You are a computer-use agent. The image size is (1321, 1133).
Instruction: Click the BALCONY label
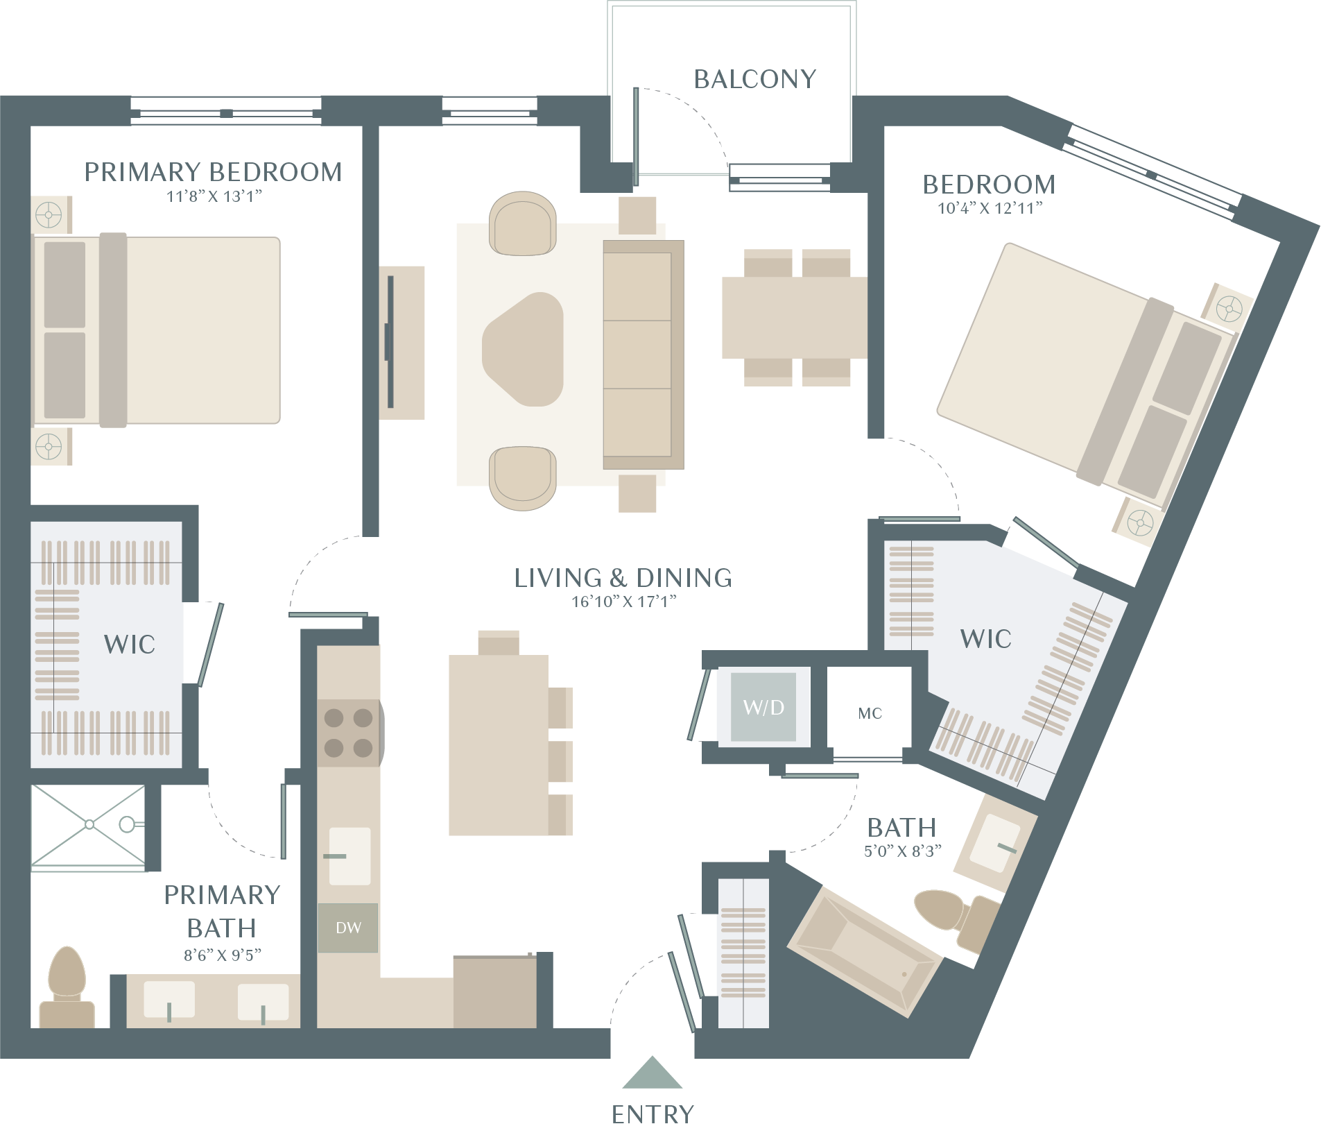[x=754, y=79]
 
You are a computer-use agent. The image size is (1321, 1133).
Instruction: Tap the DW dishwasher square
[x=348, y=928]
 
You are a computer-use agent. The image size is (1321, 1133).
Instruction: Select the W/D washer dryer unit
[x=763, y=707]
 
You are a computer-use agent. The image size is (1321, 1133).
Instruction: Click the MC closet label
[x=870, y=713]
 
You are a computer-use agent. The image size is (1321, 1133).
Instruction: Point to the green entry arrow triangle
[x=652, y=1073]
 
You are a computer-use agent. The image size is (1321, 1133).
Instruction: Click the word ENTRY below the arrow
[x=653, y=1114]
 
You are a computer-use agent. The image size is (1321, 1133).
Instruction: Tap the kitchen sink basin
[x=349, y=856]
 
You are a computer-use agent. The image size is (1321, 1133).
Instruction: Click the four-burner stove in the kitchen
[x=349, y=733]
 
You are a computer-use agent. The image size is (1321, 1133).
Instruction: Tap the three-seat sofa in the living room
[x=644, y=355]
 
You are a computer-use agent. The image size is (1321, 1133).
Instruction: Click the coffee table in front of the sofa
[x=523, y=349]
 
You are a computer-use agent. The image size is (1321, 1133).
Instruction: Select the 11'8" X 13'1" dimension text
[x=214, y=196]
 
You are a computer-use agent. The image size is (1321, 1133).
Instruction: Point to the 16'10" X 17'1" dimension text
[x=623, y=602]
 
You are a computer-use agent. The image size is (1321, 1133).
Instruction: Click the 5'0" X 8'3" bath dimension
[x=902, y=851]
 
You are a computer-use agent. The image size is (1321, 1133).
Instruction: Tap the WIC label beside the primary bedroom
[x=130, y=645]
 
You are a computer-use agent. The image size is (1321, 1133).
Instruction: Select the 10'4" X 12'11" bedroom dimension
[x=990, y=208]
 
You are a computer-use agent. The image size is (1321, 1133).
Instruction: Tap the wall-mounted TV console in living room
[x=402, y=343]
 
